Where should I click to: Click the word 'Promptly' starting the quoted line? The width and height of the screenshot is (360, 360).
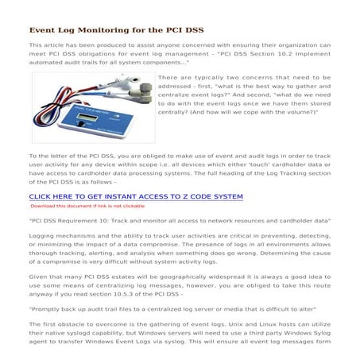point(47,308)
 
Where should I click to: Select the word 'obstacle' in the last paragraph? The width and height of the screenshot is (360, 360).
point(68,325)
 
